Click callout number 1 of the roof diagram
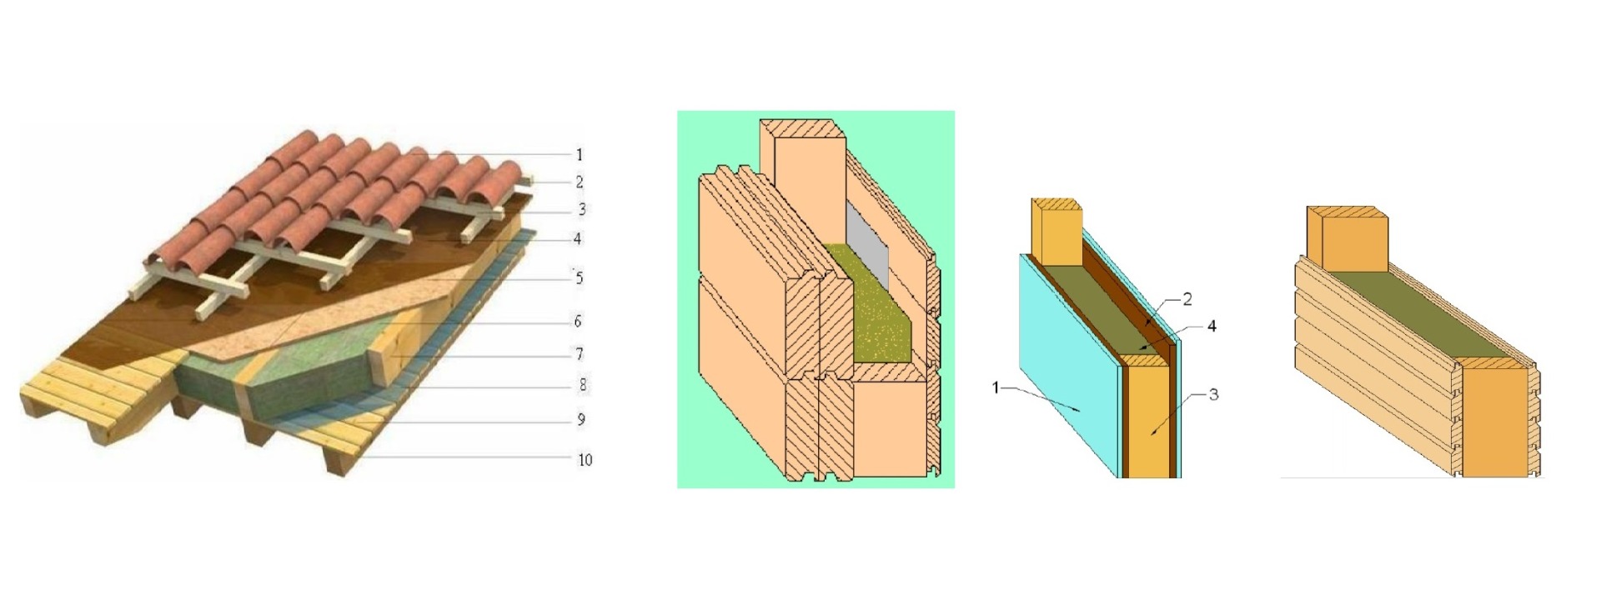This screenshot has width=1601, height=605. coord(580,154)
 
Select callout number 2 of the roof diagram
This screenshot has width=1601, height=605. coord(580,182)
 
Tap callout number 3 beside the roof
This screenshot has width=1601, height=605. coord(581,209)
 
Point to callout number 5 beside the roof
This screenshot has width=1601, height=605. coord(580,277)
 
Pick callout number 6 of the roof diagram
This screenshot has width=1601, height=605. coord(578,321)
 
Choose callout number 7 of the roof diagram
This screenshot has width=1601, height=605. coord(580,354)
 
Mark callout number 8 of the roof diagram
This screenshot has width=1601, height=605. coord(582,384)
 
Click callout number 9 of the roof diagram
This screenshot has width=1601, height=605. coord(581,419)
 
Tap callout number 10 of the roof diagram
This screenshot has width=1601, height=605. coord(585,459)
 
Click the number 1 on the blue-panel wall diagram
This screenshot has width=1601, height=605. coord(996,387)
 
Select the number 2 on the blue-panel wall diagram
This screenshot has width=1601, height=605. coord(1187,299)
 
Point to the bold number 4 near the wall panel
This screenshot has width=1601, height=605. coord(1212,326)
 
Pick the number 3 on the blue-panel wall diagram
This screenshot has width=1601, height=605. coord(1213,393)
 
